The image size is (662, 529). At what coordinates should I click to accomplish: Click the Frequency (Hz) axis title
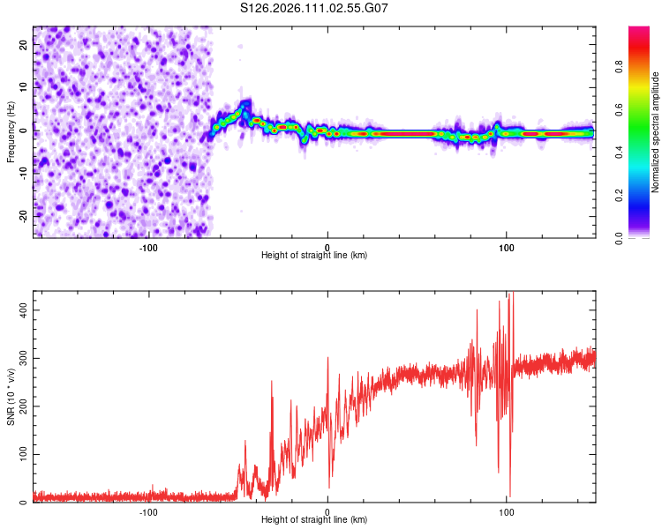click(x=11, y=132)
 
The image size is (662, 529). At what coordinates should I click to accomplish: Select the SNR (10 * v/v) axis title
click(x=11, y=396)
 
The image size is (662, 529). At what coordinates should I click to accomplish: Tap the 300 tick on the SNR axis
click(x=21, y=359)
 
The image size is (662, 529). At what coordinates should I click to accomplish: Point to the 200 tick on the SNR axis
click(x=21, y=406)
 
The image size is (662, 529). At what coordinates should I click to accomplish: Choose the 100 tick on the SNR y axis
click(x=21, y=455)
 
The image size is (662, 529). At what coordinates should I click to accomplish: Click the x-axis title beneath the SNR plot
click(x=314, y=520)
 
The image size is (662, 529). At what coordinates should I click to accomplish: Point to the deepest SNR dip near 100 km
click(x=509, y=495)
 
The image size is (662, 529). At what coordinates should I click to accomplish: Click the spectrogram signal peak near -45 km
click(x=246, y=104)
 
